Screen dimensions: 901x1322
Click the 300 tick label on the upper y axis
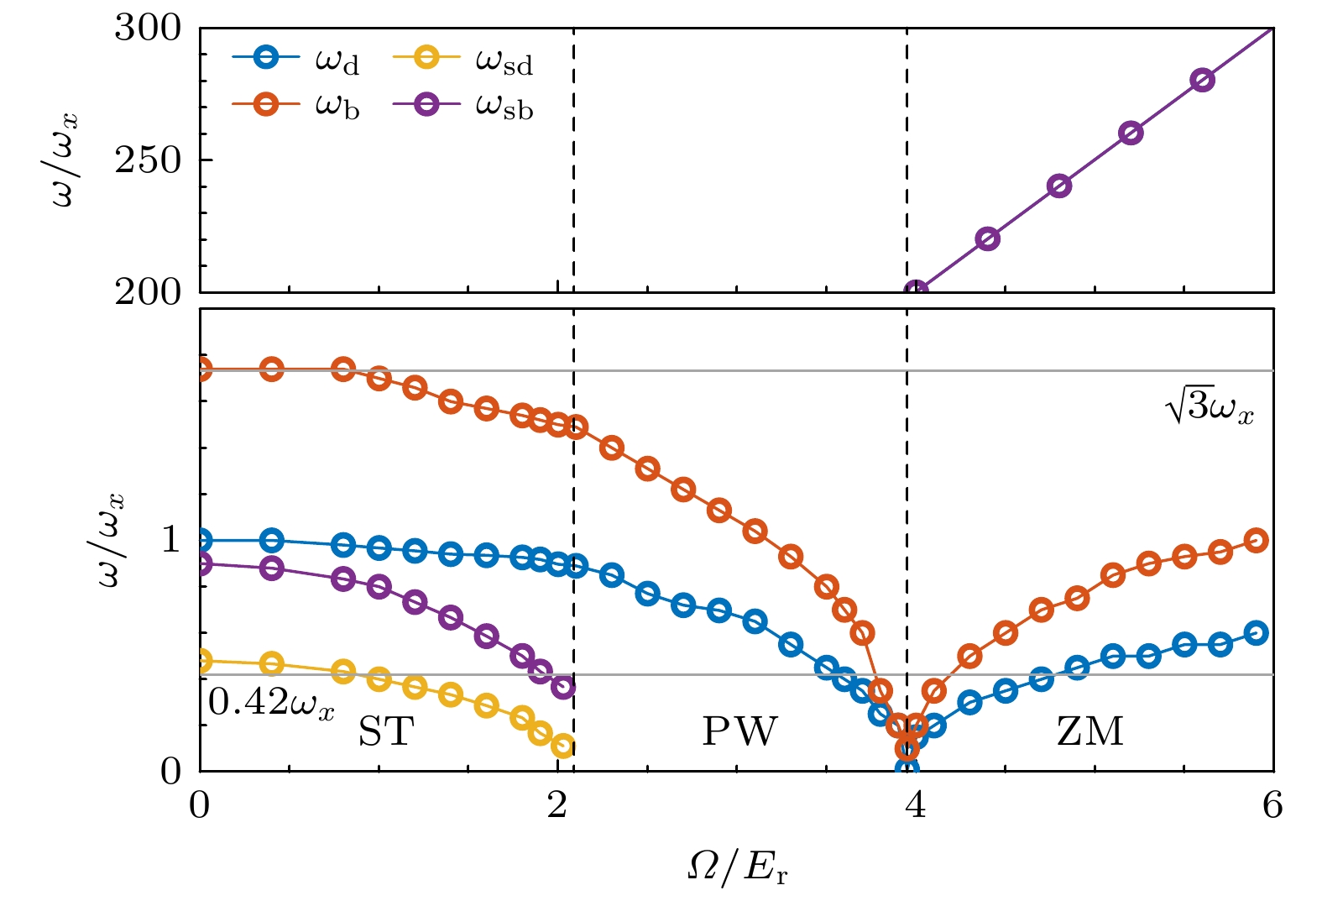(x=148, y=29)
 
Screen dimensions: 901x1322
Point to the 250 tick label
(x=148, y=160)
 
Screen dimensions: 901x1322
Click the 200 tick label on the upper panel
(x=148, y=292)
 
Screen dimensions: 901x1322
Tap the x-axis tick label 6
(x=1272, y=805)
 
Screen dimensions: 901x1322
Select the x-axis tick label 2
(x=556, y=805)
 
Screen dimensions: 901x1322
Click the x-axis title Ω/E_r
(x=737, y=868)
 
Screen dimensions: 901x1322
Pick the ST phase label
(x=386, y=731)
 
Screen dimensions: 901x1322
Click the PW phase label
(x=739, y=731)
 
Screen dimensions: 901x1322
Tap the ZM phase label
(x=1089, y=731)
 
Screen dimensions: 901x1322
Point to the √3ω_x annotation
(x=1209, y=408)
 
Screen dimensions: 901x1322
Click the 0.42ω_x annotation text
(x=271, y=703)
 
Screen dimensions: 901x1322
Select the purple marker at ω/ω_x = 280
(x=1202, y=81)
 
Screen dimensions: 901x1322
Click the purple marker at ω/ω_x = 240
(x=1059, y=186)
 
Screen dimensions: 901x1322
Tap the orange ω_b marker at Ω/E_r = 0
(x=201, y=369)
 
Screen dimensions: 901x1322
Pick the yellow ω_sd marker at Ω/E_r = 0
(x=201, y=661)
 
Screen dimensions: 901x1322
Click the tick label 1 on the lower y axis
(x=171, y=539)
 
